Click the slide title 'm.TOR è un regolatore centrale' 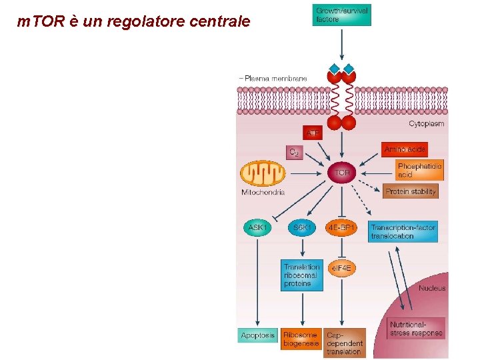[x=134, y=21]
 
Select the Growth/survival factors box [x=342, y=15]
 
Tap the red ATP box [x=313, y=133]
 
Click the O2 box [x=294, y=153]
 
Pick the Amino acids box [x=405, y=149]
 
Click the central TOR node [x=341, y=173]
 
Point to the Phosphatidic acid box [x=419, y=170]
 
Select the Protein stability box [x=411, y=192]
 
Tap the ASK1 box [x=257, y=227]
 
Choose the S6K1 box [x=302, y=227]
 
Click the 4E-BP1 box [x=341, y=227]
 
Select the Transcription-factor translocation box [x=403, y=231]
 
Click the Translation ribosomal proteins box [x=302, y=275]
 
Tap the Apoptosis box [x=257, y=335]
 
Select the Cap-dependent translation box [x=344, y=343]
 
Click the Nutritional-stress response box [x=415, y=329]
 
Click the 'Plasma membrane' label [x=275, y=78]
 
